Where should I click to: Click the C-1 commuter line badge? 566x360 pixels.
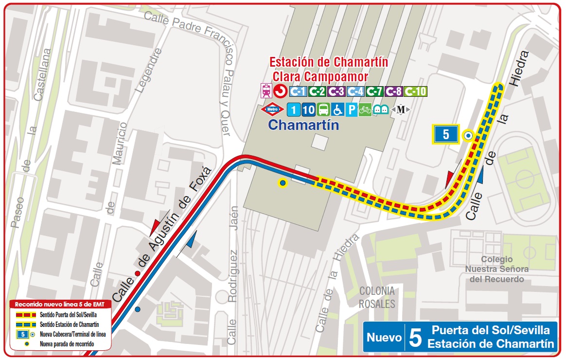(x=298, y=91)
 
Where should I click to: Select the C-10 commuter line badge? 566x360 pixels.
(x=416, y=91)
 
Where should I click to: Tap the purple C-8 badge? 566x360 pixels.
(x=394, y=91)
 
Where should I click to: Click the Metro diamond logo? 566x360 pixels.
(x=273, y=109)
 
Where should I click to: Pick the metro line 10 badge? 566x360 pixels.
(x=308, y=109)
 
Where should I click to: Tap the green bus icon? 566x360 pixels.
(x=323, y=109)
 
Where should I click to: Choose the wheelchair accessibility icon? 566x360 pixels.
(x=337, y=109)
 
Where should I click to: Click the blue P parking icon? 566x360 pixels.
(x=351, y=109)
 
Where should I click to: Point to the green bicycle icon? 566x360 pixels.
(x=365, y=109)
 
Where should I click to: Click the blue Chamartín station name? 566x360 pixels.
(x=303, y=125)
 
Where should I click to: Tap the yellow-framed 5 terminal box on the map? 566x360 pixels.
(x=446, y=134)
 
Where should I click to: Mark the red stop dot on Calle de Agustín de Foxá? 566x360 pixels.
(x=138, y=273)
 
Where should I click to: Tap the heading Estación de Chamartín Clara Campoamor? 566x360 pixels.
(x=328, y=69)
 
